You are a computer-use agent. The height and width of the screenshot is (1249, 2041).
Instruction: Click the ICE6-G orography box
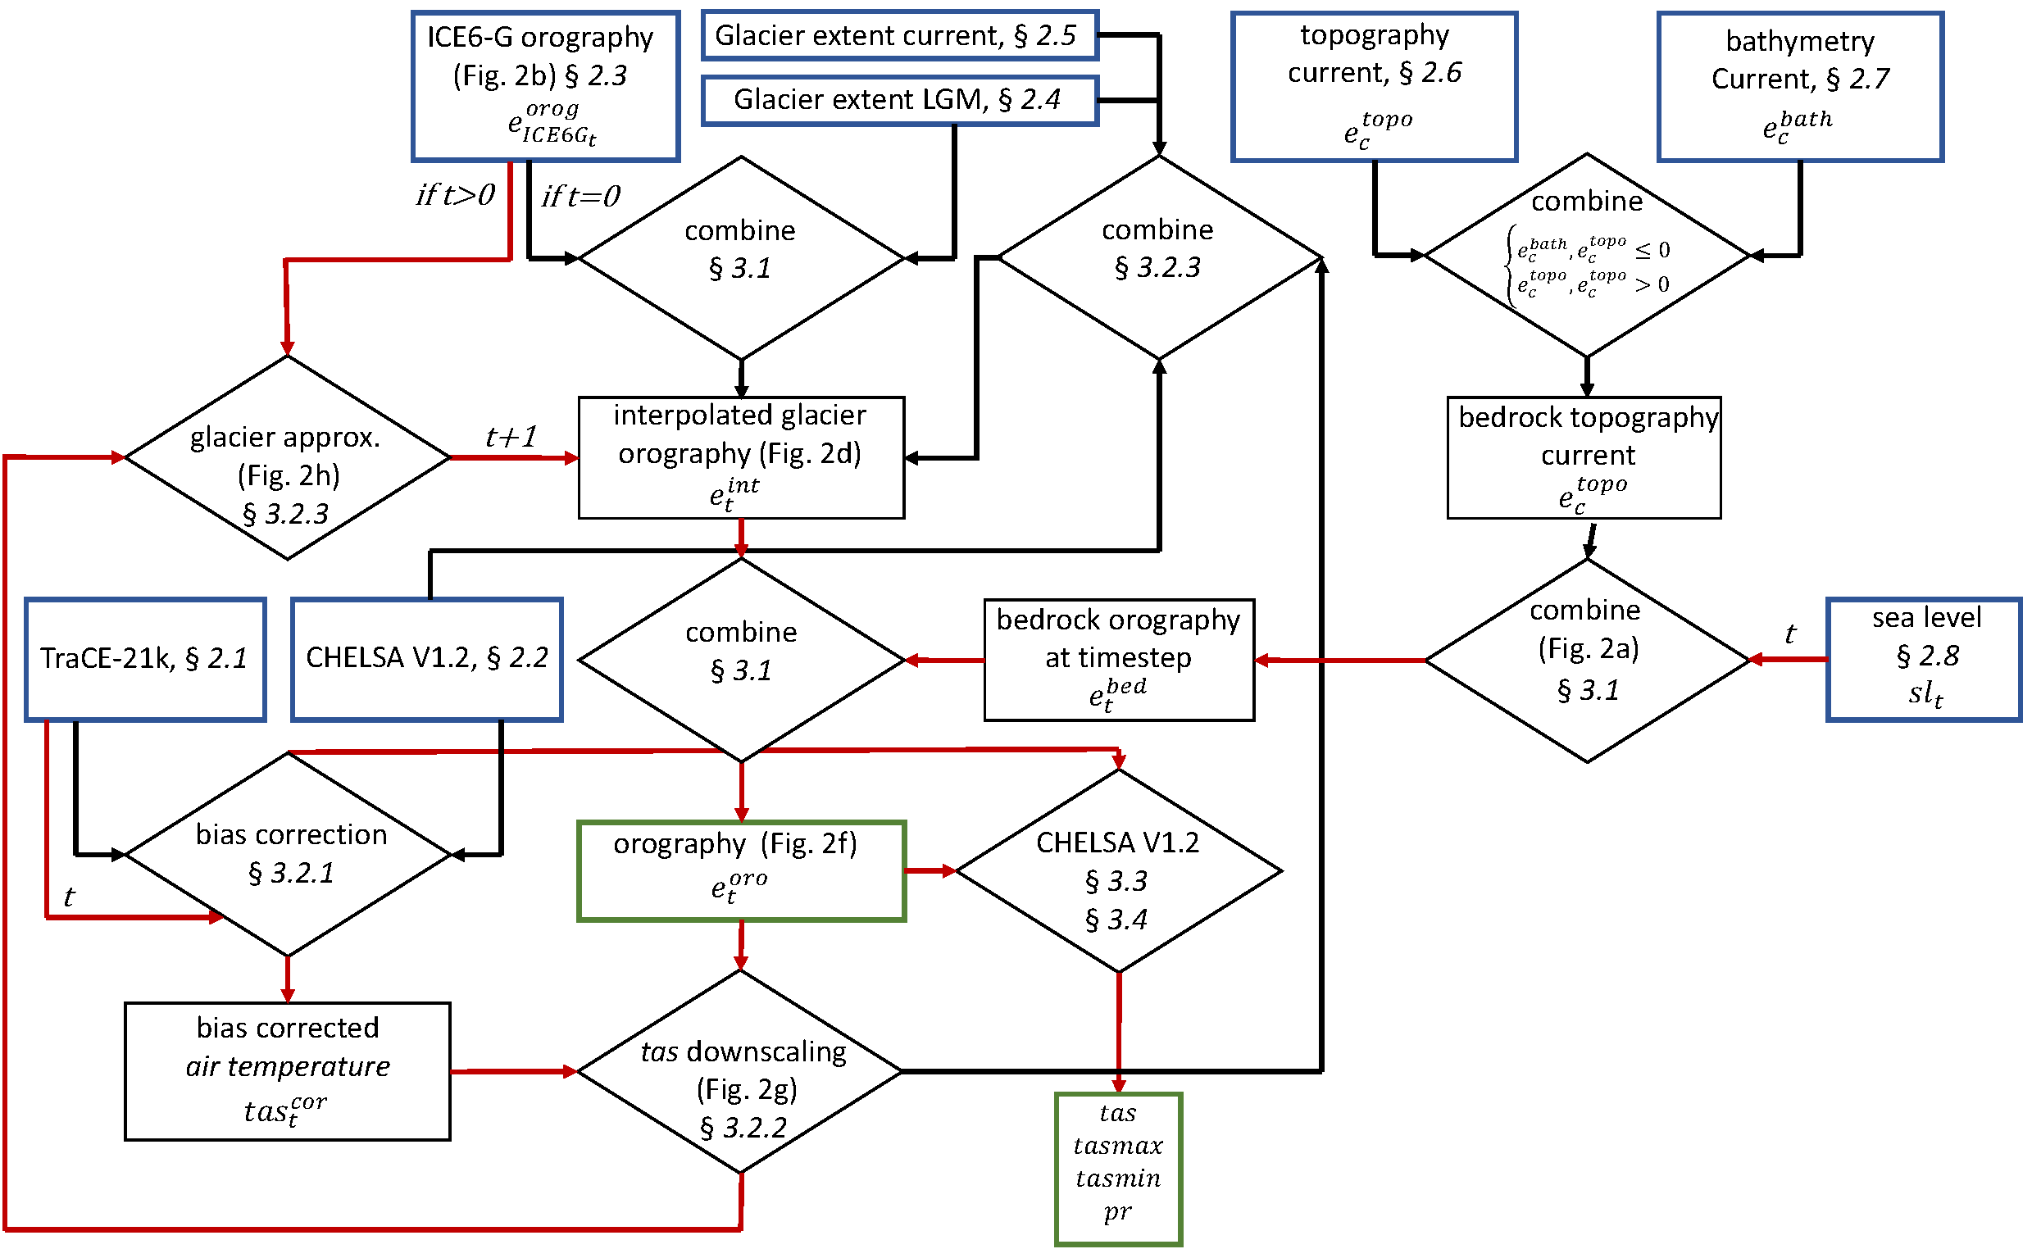coord(546,85)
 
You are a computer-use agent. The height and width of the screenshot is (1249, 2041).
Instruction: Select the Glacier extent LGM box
coord(899,100)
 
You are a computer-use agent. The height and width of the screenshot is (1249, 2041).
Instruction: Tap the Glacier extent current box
coord(899,35)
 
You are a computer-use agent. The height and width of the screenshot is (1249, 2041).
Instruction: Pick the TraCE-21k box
coord(145,659)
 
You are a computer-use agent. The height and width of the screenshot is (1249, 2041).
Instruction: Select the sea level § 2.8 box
coord(1924,659)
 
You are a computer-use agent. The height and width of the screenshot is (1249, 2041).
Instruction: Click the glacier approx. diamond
coord(288,458)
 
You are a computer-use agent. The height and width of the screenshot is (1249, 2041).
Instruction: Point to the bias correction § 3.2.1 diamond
coord(288,854)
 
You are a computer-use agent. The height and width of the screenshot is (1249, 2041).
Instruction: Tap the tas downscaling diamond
coord(741,1072)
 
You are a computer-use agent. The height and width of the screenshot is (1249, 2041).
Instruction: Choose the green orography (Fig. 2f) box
coord(741,870)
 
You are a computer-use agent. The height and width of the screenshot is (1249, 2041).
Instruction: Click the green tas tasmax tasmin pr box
coord(1118,1168)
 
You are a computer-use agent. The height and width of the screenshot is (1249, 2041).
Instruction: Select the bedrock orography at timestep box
coord(1118,660)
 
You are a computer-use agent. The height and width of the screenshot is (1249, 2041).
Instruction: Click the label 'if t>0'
coord(456,196)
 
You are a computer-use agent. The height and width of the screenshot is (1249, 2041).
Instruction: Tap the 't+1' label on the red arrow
coord(511,437)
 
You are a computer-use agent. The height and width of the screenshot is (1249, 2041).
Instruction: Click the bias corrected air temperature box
coord(288,1072)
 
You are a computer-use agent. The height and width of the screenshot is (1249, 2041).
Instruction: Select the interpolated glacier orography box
coord(741,458)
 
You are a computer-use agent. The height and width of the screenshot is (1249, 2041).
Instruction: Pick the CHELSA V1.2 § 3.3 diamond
coord(1118,870)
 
